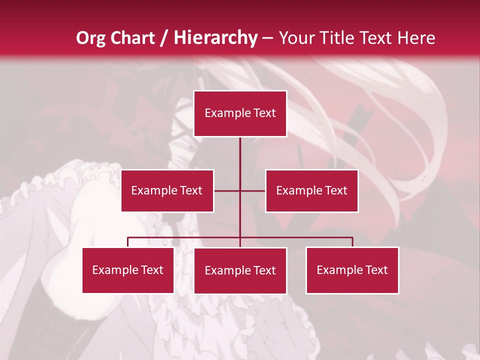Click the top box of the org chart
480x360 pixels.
tap(240, 113)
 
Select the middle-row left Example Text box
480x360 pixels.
tap(167, 190)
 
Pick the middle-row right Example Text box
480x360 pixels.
tap(311, 190)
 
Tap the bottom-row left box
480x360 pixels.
tap(128, 270)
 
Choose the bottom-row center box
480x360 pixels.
tap(240, 270)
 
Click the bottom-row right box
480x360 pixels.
tap(352, 270)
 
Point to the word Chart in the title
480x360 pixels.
tap(131, 38)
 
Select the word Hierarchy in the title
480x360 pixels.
tap(215, 38)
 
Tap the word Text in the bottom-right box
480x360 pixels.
tap(376, 270)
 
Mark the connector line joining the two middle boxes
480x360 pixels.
tap(227, 190)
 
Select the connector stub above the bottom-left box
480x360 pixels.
tap(128, 242)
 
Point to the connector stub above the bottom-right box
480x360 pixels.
tap(352, 242)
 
